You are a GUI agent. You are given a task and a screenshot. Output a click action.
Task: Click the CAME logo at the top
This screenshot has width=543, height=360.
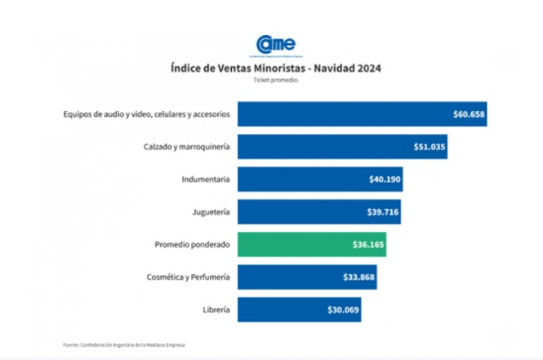pyautogui.click(x=275, y=45)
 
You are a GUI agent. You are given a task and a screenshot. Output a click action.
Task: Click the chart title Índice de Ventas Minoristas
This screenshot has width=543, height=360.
pyautogui.click(x=275, y=69)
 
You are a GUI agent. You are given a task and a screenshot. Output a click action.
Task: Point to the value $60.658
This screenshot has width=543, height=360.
pyautogui.click(x=470, y=114)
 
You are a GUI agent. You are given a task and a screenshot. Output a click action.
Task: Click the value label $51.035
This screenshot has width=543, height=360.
pyautogui.click(x=430, y=147)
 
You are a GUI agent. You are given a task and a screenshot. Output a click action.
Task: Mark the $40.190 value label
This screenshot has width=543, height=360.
pyautogui.click(x=385, y=179)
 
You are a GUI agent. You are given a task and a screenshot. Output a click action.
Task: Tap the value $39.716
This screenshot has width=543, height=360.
pyautogui.click(x=383, y=211)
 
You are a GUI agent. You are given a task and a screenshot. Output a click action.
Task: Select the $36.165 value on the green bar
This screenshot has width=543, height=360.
pyautogui.click(x=368, y=244)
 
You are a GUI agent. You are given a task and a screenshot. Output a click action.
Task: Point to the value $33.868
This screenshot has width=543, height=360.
pyautogui.click(x=359, y=277)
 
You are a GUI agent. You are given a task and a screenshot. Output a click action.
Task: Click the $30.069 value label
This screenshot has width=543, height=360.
pyautogui.click(x=343, y=309)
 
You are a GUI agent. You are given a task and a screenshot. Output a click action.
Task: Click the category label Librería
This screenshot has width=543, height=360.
pyautogui.click(x=214, y=309)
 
